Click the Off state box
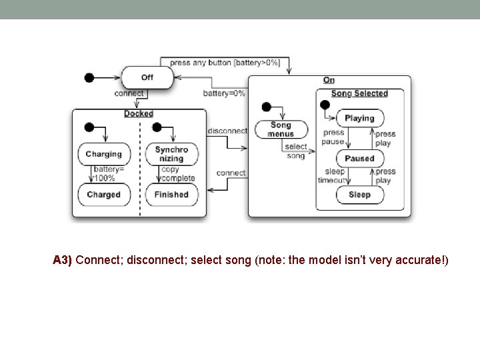click(x=147, y=77)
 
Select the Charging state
click(x=103, y=154)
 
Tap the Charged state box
click(x=103, y=195)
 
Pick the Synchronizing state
click(x=171, y=154)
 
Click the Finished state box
click(x=171, y=195)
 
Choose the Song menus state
click(x=281, y=129)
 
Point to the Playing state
click(x=359, y=118)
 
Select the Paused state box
click(x=359, y=159)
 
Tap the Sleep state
click(x=359, y=195)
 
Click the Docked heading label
click(x=138, y=114)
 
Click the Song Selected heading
click(x=359, y=93)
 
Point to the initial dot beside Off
click(x=89, y=77)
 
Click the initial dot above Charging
click(x=88, y=127)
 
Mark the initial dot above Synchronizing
click(x=157, y=127)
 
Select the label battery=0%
click(x=224, y=93)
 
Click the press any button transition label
click(x=225, y=63)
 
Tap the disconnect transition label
click(x=227, y=131)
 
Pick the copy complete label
click(x=177, y=174)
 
